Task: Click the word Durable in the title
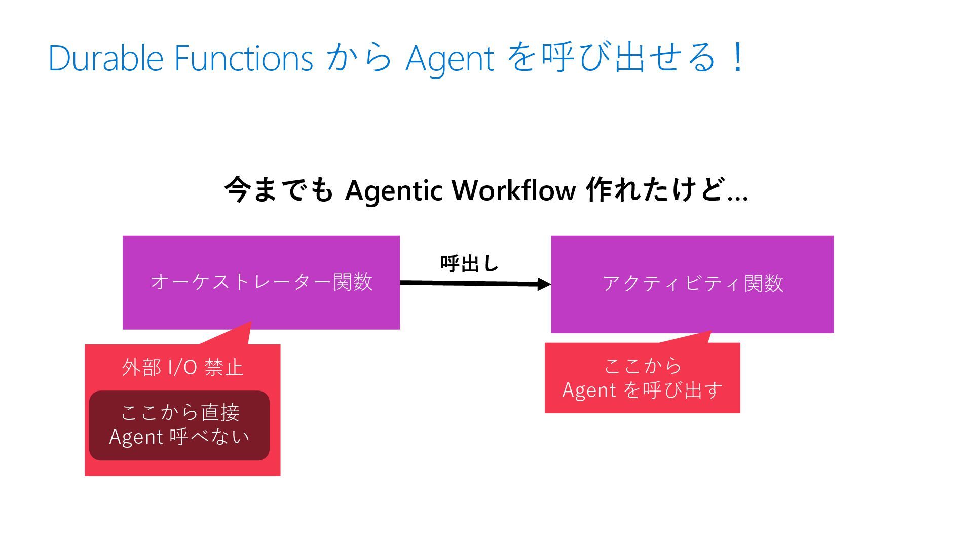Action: pyautogui.click(x=105, y=58)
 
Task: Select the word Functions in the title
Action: pyautogui.click(x=244, y=58)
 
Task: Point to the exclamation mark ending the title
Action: pyautogui.click(x=738, y=57)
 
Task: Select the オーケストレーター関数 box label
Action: pyautogui.click(x=261, y=282)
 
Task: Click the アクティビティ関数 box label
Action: pyautogui.click(x=693, y=283)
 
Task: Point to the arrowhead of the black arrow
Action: pyautogui.click(x=545, y=284)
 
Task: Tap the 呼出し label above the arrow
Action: pyautogui.click(x=470, y=263)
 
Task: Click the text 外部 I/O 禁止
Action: pyautogui.click(x=182, y=367)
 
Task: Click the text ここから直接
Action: pyautogui.click(x=180, y=412)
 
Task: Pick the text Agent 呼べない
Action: pyautogui.click(x=179, y=437)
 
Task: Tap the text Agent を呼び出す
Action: pyautogui.click(x=642, y=390)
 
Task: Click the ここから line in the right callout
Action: pyautogui.click(x=643, y=366)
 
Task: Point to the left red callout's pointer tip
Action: pyautogui.click(x=250, y=323)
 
